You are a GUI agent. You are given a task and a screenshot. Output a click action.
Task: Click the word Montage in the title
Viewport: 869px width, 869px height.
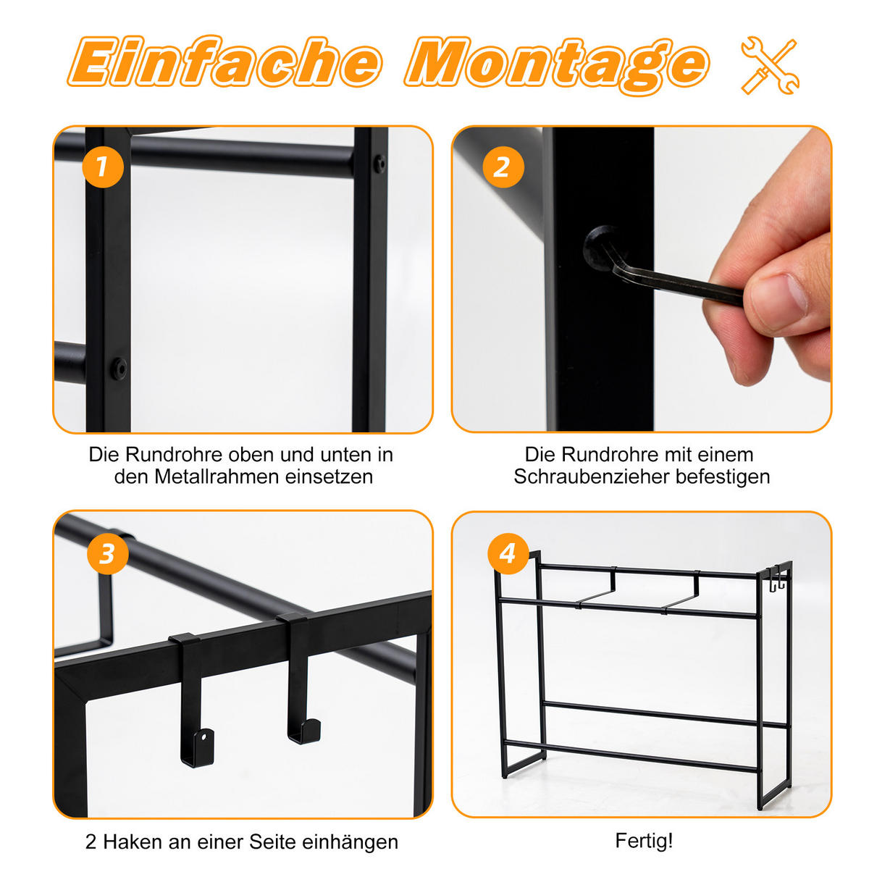pyautogui.click(x=556, y=66)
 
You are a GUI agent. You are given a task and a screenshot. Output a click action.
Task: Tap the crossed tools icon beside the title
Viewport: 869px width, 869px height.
pyautogui.click(x=770, y=66)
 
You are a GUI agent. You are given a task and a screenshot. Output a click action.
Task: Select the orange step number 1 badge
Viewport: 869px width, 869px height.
pyautogui.click(x=102, y=167)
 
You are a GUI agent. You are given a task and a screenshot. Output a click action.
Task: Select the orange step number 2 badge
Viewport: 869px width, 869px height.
pyautogui.click(x=503, y=167)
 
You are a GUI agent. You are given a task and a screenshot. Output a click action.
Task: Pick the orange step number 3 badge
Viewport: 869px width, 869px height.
pyautogui.click(x=108, y=553)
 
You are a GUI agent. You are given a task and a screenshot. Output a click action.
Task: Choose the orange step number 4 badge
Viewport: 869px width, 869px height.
pyautogui.click(x=508, y=553)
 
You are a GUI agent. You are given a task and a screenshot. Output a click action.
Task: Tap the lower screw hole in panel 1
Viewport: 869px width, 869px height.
pyautogui.click(x=119, y=368)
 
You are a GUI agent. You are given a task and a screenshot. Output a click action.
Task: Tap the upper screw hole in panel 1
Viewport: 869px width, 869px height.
pyautogui.click(x=380, y=164)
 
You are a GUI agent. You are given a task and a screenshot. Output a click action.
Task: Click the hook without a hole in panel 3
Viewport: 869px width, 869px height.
pyautogui.click(x=299, y=677)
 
